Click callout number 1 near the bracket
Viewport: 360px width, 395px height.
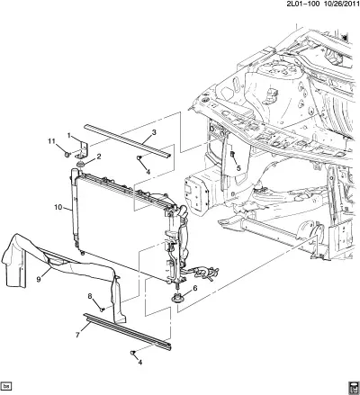(69, 136)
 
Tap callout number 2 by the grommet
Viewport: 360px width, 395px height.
(99, 157)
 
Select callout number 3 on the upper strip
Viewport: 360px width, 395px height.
(154, 132)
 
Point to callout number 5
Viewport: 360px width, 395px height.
(238, 168)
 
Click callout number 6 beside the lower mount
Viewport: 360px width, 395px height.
(195, 288)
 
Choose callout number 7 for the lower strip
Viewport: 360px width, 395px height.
(77, 335)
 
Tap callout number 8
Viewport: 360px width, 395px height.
(90, 296)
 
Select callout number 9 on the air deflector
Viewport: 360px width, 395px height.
(39, 280)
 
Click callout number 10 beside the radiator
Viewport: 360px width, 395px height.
(58, 207)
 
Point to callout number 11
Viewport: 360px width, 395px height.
(52, 140)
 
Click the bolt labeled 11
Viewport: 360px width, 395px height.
(67, 155)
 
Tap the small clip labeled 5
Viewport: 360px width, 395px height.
(232, 155)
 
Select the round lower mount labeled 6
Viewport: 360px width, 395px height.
(176, 299)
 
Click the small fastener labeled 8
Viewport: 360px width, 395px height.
(102, 310)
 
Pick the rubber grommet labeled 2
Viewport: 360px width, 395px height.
(80, 165)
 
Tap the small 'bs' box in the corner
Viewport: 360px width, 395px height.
(6, 386)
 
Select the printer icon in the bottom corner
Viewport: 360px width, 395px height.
(354, 388)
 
